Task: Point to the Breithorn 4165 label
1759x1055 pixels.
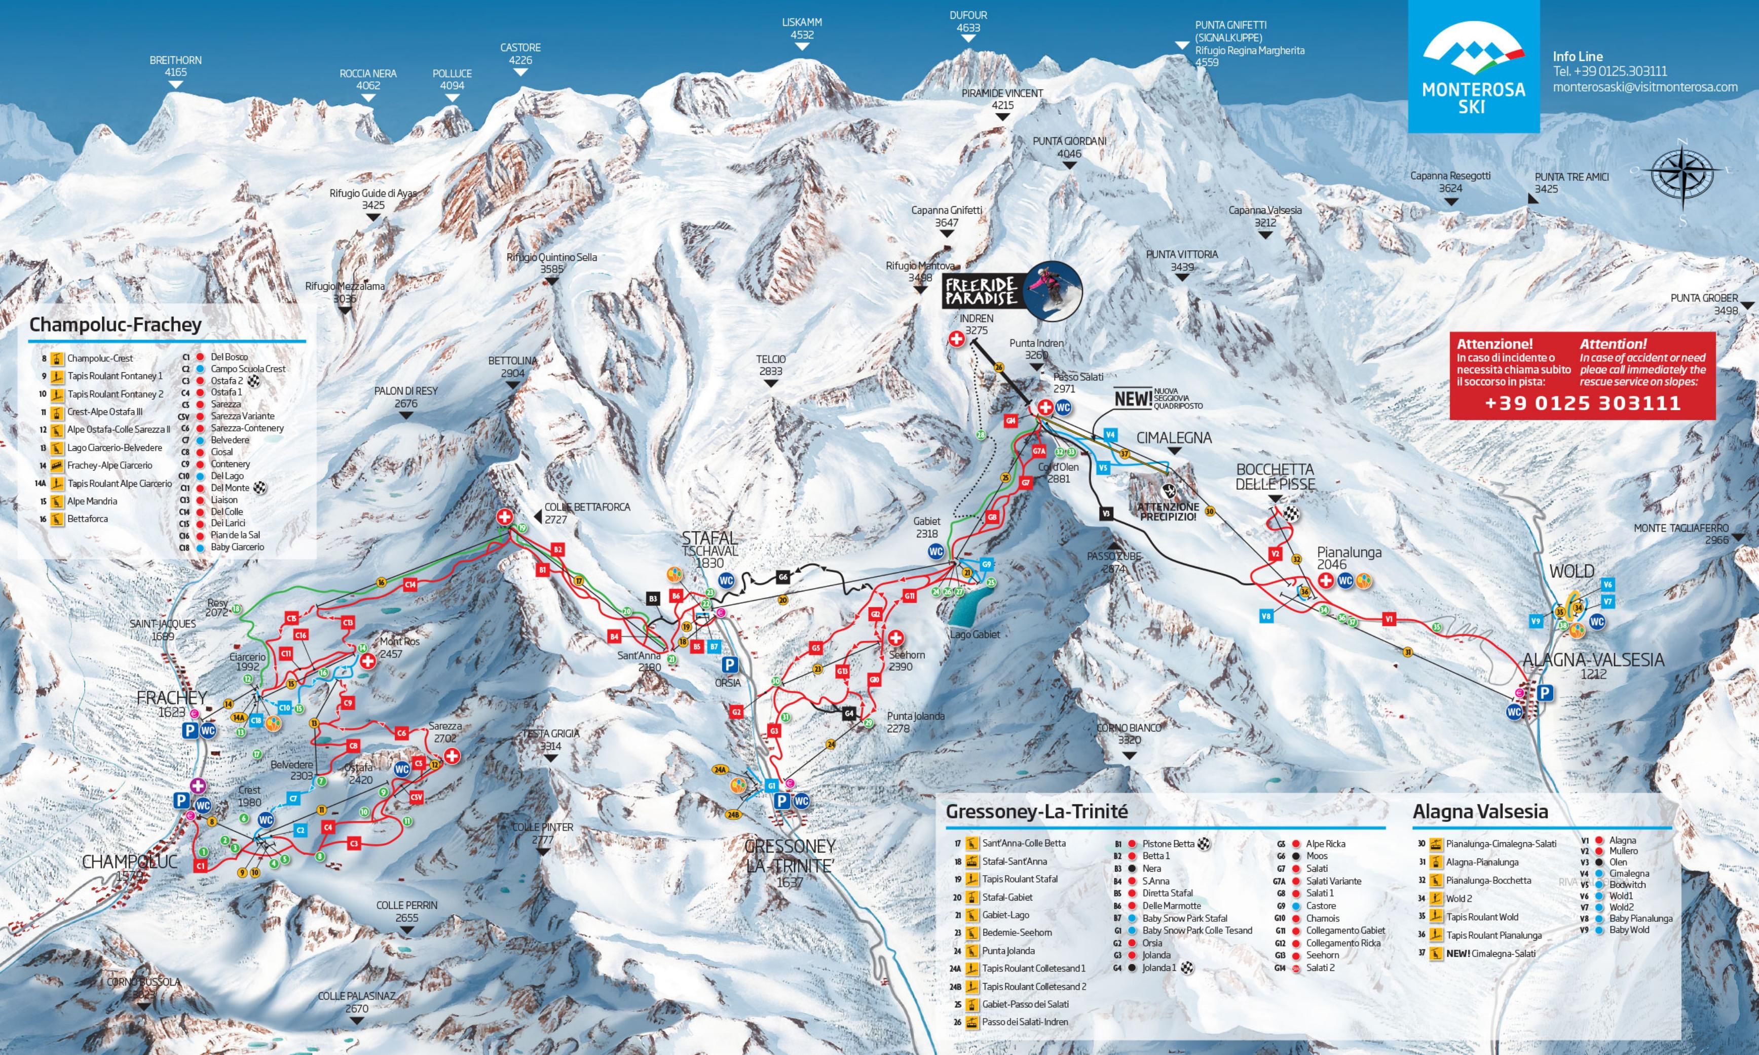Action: point(175,67)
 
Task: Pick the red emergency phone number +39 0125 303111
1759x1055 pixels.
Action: point(1583,403)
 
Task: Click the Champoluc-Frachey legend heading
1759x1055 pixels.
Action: point(115,325)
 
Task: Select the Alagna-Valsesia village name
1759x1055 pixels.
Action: point(1593,660)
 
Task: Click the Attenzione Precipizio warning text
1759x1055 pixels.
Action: point(1167,512)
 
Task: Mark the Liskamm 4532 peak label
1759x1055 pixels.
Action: point(802,28)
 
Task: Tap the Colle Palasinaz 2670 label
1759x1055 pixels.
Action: point(356,1002)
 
